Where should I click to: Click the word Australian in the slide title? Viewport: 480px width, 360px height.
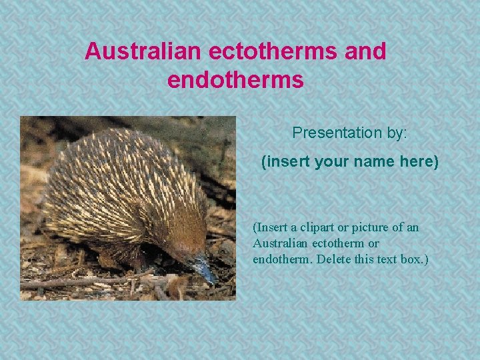(x=143, y=51)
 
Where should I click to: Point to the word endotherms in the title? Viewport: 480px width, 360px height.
(x=235, y=81)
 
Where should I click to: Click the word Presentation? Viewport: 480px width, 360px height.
(x=337, y=133)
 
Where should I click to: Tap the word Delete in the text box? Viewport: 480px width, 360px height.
(x=331, y=259)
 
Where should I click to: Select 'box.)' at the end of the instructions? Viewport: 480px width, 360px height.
(x=415, y=259)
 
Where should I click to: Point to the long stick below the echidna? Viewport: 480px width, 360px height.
(x=80, y=281)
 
